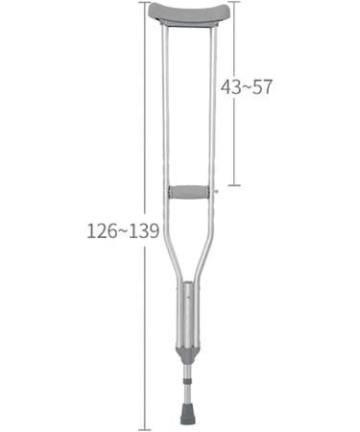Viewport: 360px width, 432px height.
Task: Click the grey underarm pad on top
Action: [190, 13]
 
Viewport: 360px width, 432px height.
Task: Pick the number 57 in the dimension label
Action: [263, 86]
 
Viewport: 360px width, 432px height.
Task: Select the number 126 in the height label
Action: [101, 231]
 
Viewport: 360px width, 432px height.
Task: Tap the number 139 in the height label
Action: [144, 231]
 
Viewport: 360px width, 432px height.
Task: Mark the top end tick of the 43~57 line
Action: [234, 3]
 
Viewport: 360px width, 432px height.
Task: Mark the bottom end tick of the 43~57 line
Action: [234, 184]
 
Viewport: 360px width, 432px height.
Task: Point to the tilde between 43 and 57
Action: [248, 86]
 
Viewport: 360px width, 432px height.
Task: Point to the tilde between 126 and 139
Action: [122, 231]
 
